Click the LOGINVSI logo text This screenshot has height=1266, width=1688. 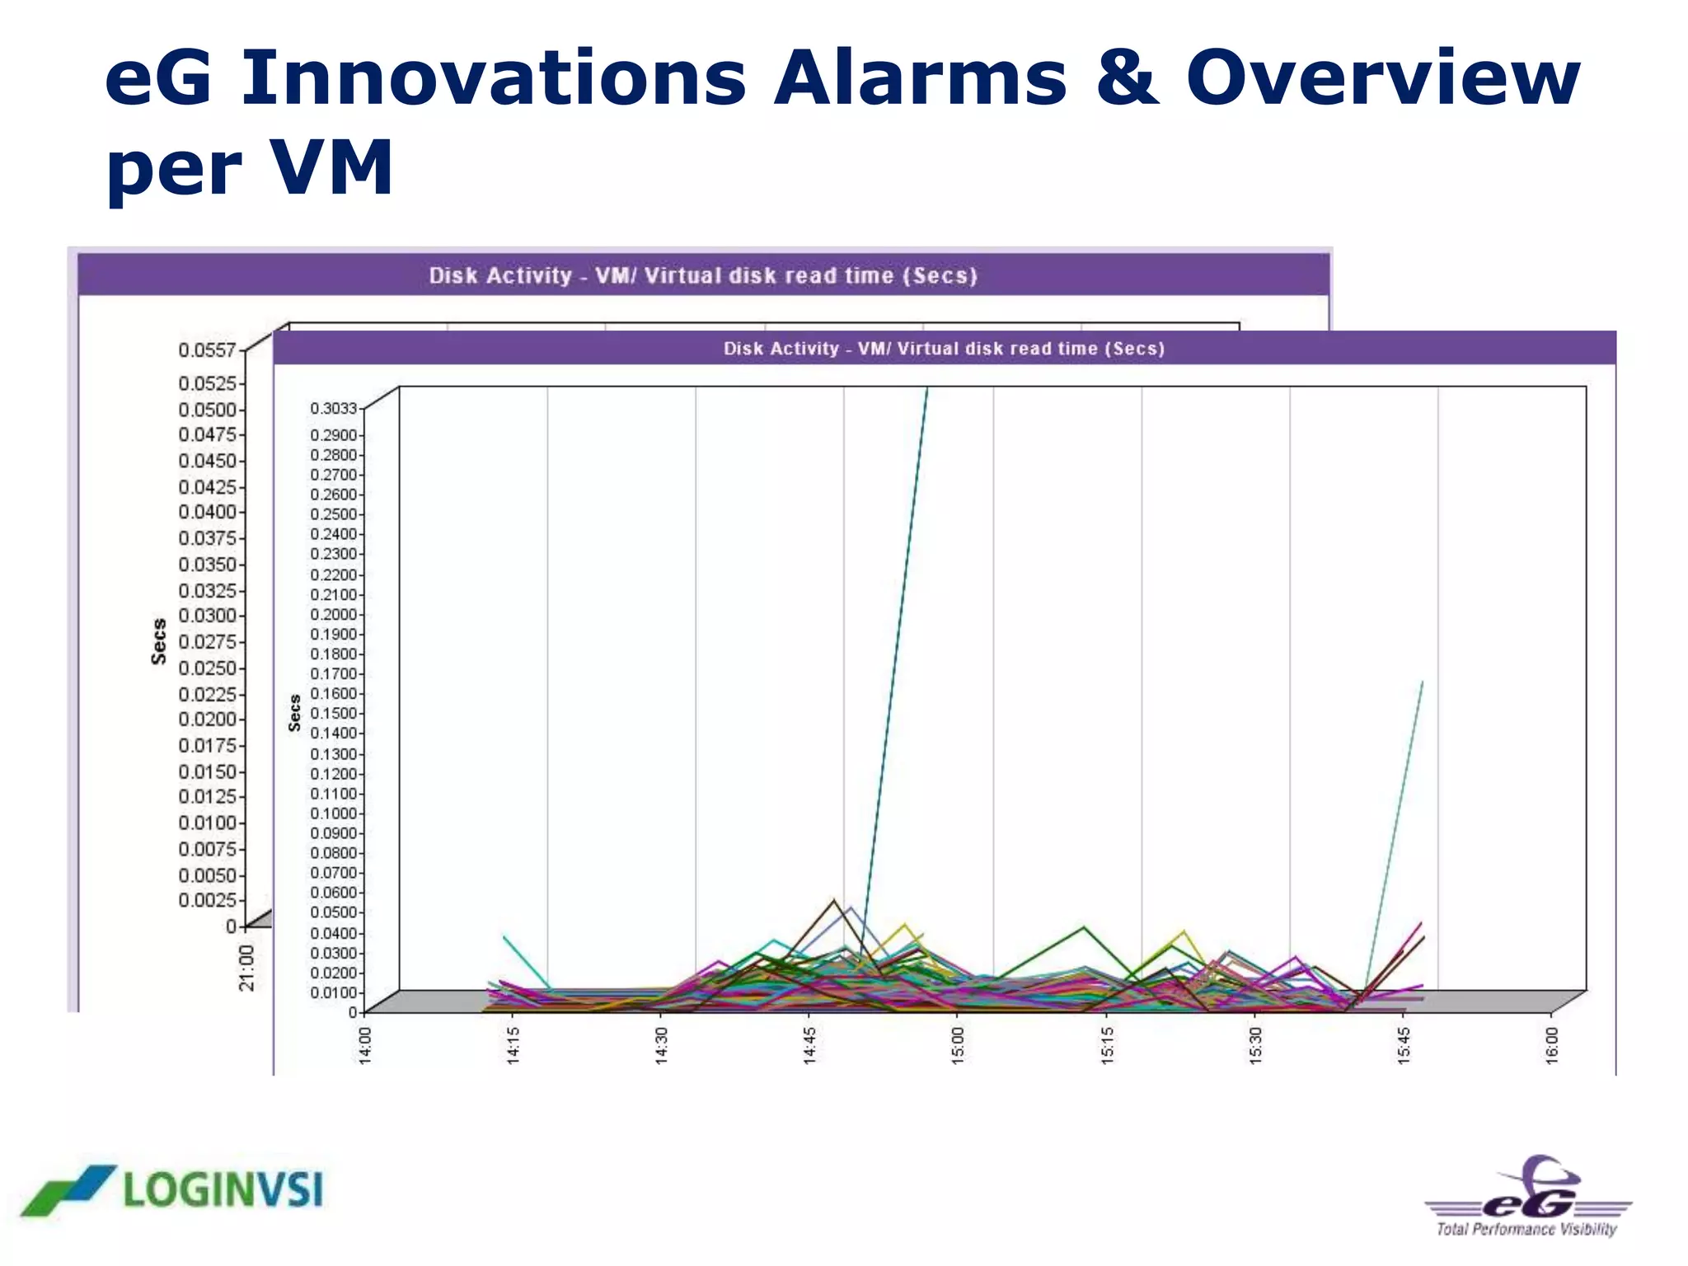click(x=223, y=1191)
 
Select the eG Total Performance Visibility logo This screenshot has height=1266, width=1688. click(x=1527, y=1197)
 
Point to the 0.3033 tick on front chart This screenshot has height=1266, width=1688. click(x=333, y=409)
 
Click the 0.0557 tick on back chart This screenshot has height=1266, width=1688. click(x=207, y=350)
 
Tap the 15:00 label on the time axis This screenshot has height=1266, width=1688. click(x=958, y=1045)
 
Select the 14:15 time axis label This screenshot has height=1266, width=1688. click(x=513, y=1045)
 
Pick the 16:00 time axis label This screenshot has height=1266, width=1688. click(x=1551, y=1045)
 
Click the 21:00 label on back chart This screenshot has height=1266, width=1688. click(x=246, y=968)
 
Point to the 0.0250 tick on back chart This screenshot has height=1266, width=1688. click(x=207, y=668)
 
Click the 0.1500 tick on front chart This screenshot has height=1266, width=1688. click(x=333, y=714)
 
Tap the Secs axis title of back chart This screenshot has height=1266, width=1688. click(x=158, y=641)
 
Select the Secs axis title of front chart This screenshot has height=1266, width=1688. click(x=295, y=713)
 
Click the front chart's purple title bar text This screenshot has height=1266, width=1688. click(x=944, y=349)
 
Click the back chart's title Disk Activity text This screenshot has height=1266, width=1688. click(x=499, y=275)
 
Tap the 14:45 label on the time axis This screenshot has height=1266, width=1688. click(x=809, y=1045)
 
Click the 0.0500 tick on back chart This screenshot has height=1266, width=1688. click(x=207, y=410)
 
